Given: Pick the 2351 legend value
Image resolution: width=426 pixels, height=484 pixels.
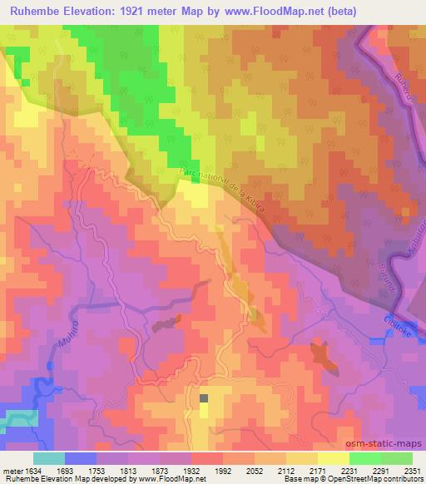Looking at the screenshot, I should (x=412, y=471).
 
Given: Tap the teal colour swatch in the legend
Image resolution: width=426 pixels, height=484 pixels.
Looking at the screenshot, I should (x=49, y=458).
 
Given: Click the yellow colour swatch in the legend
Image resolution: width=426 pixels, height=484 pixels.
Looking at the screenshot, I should (x=333, y=458).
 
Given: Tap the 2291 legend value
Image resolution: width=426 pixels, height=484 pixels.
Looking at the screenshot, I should (x=379, y=471).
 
